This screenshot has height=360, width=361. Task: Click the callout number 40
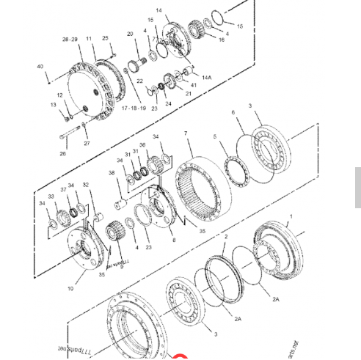point(40,67)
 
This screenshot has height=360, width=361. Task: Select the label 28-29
point(70,38)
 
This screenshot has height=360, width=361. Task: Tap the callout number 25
point(105,37)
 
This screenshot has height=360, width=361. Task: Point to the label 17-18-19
point(134,107)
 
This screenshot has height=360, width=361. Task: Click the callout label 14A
point(207,77)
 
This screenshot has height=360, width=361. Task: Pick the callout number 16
point(222,40)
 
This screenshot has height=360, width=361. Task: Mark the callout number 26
point(63,154)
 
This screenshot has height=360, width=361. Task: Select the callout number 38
point(112,174)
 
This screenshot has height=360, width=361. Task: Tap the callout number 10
point(70,289)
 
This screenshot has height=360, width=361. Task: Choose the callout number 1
point(291,217)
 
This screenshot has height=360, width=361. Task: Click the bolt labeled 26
point(74,134)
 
